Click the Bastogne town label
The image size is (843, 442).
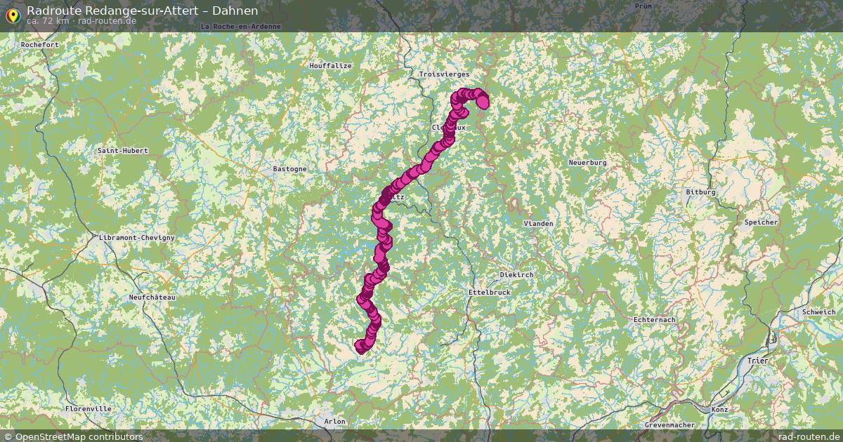[289, 169]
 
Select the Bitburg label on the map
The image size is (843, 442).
[700, 192]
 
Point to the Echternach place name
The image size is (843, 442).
[654, 320]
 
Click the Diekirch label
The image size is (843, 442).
[516, 274]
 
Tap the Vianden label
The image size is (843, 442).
[538, 223]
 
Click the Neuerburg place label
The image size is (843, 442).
[587, 163]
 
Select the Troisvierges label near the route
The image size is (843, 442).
[443, 74]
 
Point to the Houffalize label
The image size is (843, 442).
[330, 66]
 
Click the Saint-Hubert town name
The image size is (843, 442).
[123, 151]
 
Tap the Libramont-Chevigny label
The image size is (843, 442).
[137, 238]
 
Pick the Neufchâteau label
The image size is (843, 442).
[152, 297]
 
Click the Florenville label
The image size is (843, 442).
[88, 408]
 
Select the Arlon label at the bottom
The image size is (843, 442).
[335, 422]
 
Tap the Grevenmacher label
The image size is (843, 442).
[669, 425]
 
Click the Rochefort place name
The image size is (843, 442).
[39, 44]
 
